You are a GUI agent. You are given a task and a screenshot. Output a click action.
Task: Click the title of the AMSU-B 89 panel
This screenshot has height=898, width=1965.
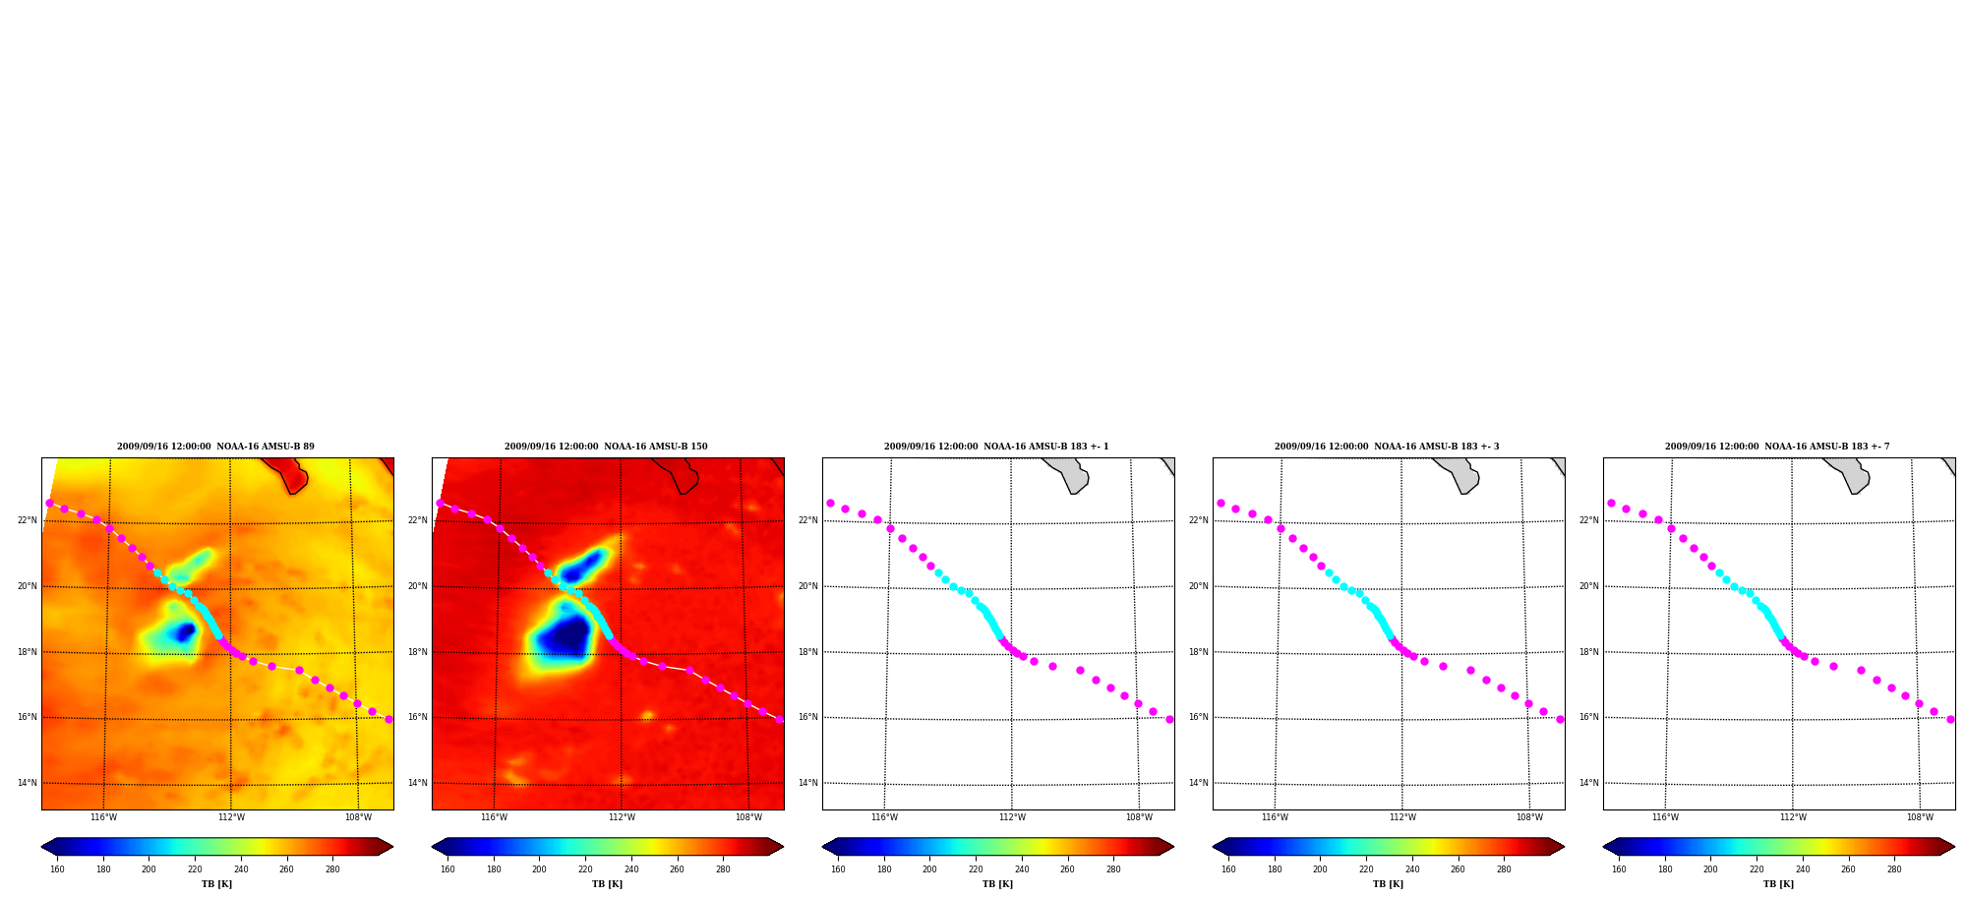click(216, 447)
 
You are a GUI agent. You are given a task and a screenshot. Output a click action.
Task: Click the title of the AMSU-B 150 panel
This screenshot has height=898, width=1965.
click(606, 447)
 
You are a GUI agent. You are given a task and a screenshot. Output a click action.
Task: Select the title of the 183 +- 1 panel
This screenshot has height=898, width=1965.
click(996, 447)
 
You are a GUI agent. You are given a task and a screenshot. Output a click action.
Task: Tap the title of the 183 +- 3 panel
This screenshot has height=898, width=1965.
click(1387, 447)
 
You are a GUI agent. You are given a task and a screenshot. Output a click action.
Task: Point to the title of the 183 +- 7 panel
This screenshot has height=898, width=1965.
click(1777, 447)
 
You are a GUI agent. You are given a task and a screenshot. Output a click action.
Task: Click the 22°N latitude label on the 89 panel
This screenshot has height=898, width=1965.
click(27, 520)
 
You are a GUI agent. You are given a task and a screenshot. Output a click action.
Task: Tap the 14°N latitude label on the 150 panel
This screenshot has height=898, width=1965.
click(417, 783)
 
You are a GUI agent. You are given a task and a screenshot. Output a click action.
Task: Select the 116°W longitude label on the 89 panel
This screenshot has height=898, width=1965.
click(103, 817)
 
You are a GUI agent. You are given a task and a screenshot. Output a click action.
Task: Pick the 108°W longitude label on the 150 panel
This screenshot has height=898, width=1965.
click(748, 817)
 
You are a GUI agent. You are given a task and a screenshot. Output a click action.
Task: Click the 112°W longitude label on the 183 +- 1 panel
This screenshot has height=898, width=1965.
click(1012, 817)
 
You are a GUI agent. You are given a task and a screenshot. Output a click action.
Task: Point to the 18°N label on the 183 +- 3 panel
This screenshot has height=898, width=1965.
click(1198, 652)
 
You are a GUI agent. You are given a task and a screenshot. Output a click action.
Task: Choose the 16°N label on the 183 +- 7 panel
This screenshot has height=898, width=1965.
click(1588, 717)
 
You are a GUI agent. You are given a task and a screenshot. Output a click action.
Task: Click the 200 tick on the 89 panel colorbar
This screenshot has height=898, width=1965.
click(149, 869)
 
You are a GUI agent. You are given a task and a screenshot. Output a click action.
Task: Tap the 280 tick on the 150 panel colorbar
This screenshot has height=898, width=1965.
click(723, 869)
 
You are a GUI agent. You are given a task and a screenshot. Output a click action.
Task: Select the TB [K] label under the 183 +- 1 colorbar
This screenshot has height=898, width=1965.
click(997, 884)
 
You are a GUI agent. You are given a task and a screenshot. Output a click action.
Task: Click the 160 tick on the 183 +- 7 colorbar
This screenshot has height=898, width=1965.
click(1619, 869)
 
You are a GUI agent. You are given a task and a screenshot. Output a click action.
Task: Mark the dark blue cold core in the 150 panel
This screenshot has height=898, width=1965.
click(566, 639)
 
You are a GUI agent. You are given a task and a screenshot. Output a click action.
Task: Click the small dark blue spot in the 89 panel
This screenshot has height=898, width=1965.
click(184, 631)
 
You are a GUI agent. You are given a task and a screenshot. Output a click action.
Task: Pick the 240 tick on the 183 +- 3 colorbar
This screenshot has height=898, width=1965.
click(1412, 869)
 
